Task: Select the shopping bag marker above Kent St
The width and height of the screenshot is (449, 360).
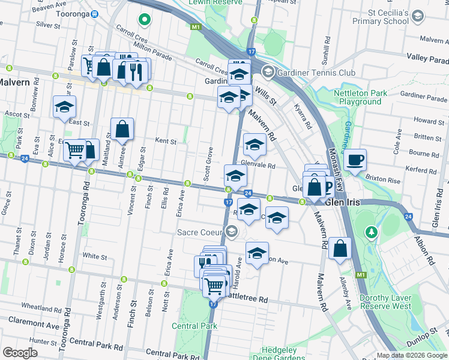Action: pos(122,129)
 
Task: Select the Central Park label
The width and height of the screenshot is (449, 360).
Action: pos(194,326)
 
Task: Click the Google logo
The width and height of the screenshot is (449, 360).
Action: pos(20,352)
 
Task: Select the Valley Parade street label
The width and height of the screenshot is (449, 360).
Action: pos(427,57)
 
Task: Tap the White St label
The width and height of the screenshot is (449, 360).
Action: pos(94,256)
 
